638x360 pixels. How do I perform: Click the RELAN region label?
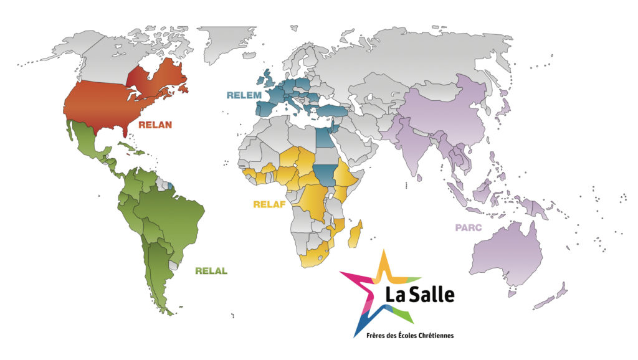coord(155,125)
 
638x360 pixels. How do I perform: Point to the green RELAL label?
coord(211,271)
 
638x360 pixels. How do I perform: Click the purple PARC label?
coord(469,228)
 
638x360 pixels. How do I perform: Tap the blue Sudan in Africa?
coord(323,171)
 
